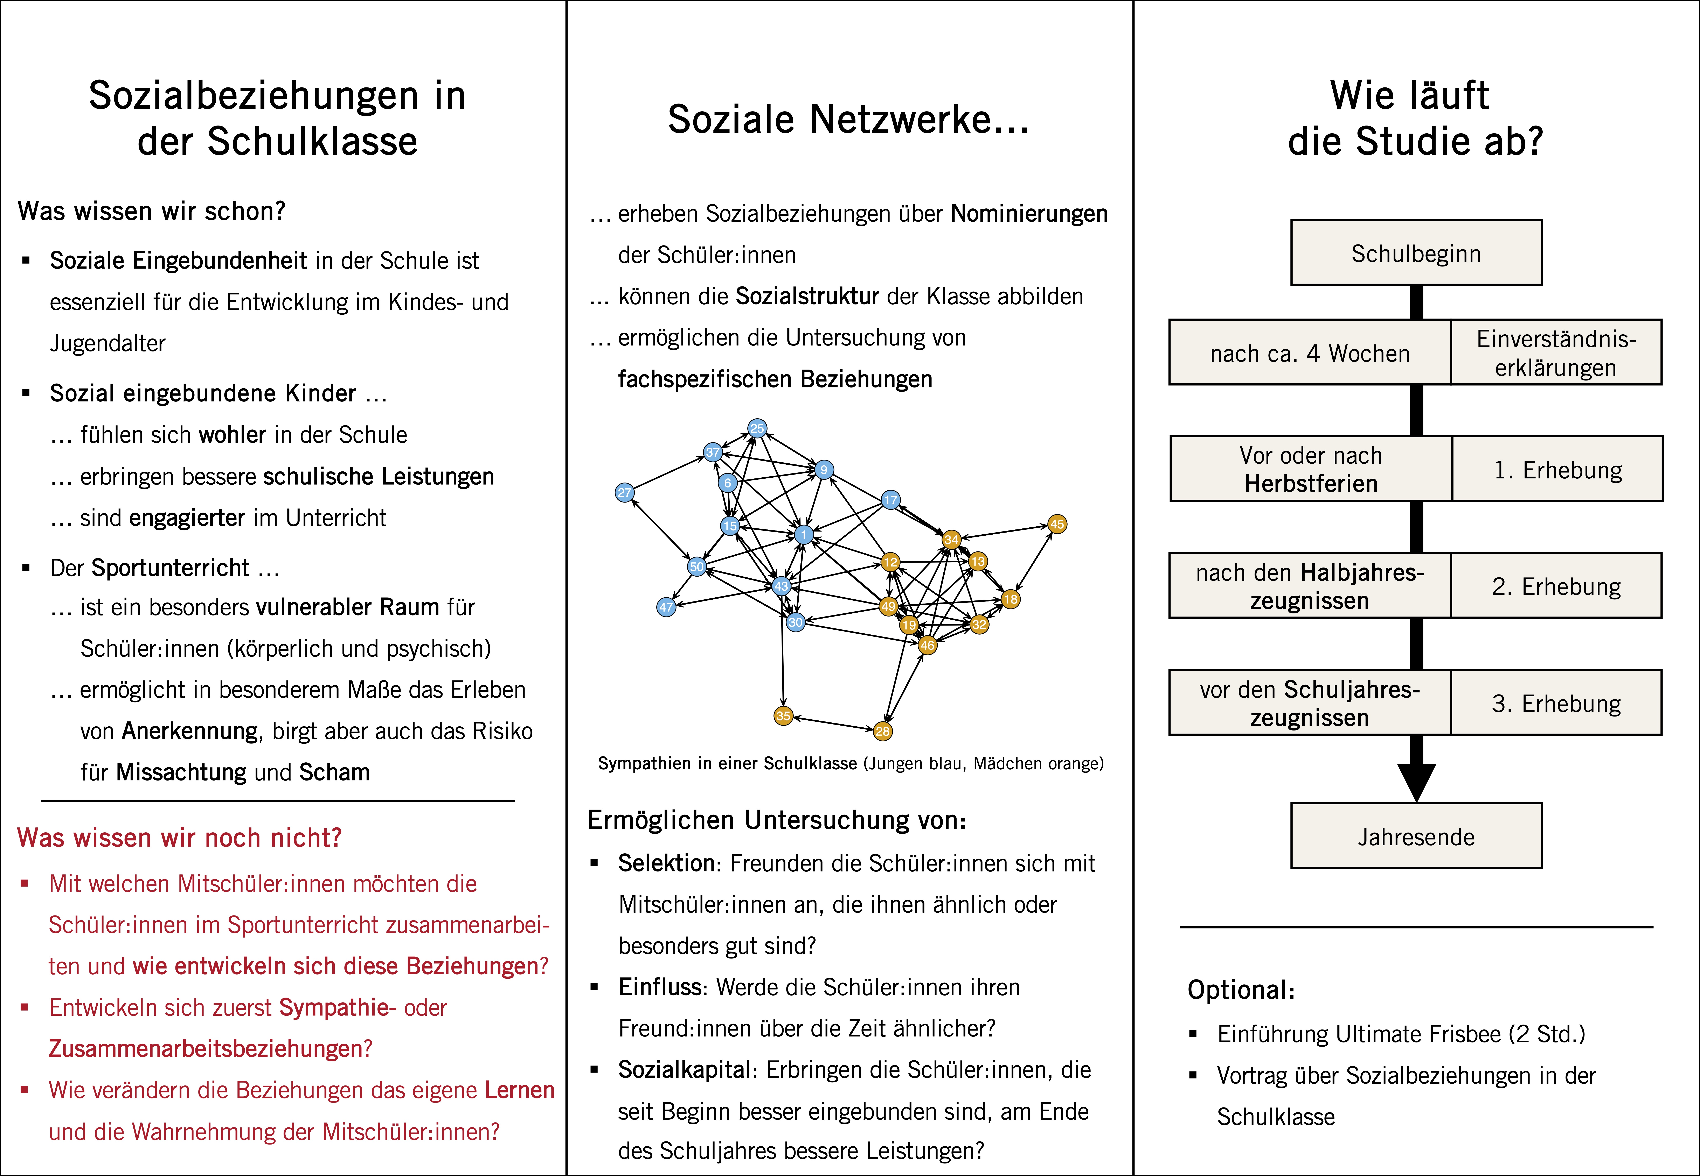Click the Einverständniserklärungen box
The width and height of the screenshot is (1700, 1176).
pyautogui.click(x=1556, y=352)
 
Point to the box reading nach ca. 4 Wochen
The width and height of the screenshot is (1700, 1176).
pyautogui.click(x=1310, y=352)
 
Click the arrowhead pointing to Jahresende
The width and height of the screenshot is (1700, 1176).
pyautogui.click(x=1416, y=783)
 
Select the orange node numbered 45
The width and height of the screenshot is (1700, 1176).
pyautogui.click(x=1057, y=524)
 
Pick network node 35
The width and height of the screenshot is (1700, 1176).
pyautogui.click(x=783, y=715)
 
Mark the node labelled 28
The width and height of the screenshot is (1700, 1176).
pyautogui.click(x=882, y=731)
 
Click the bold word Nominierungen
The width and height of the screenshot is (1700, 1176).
pyautogui.click(x=1029, y=214)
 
